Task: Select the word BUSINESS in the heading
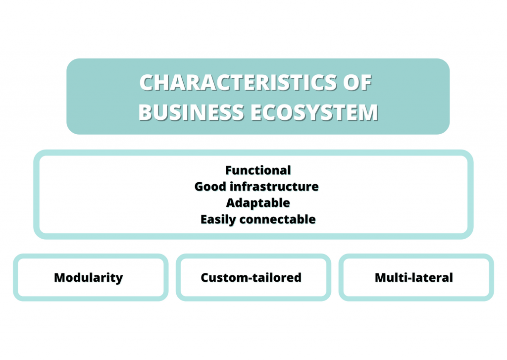pos(191,112)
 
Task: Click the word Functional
pos(258,170)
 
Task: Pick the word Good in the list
pos(210,187)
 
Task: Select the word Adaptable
pos(258,203)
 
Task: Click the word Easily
pos(218,220)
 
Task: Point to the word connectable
pos(277,219)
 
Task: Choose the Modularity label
pos(89,278)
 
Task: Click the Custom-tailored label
pos(251,277)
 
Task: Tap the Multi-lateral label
pos(414,277)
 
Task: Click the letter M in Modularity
pos(60,278)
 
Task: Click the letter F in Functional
pos(229,170)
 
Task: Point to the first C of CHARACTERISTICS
pos(147,83)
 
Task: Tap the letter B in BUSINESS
pos(146,112)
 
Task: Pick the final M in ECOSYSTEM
pos(368,112)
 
